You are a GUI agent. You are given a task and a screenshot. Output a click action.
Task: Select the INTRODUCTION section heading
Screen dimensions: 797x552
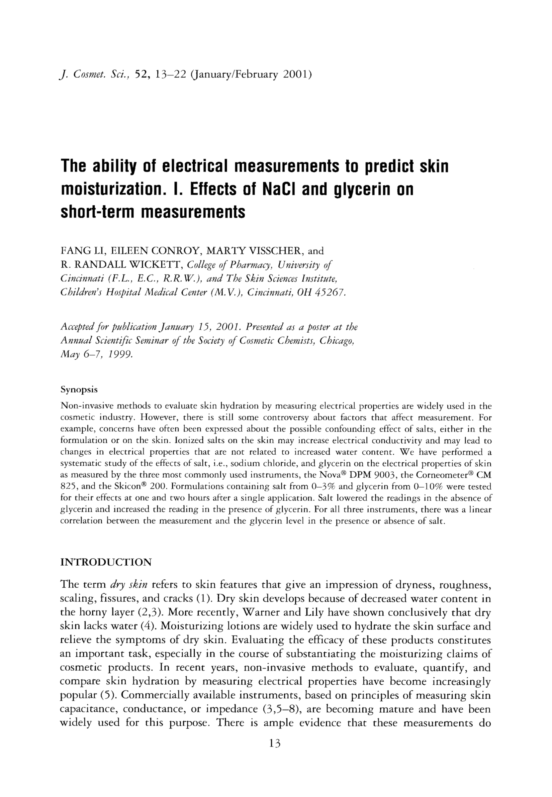tap(106, 562)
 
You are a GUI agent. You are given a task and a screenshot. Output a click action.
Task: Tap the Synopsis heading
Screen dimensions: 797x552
tap(79, 390)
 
